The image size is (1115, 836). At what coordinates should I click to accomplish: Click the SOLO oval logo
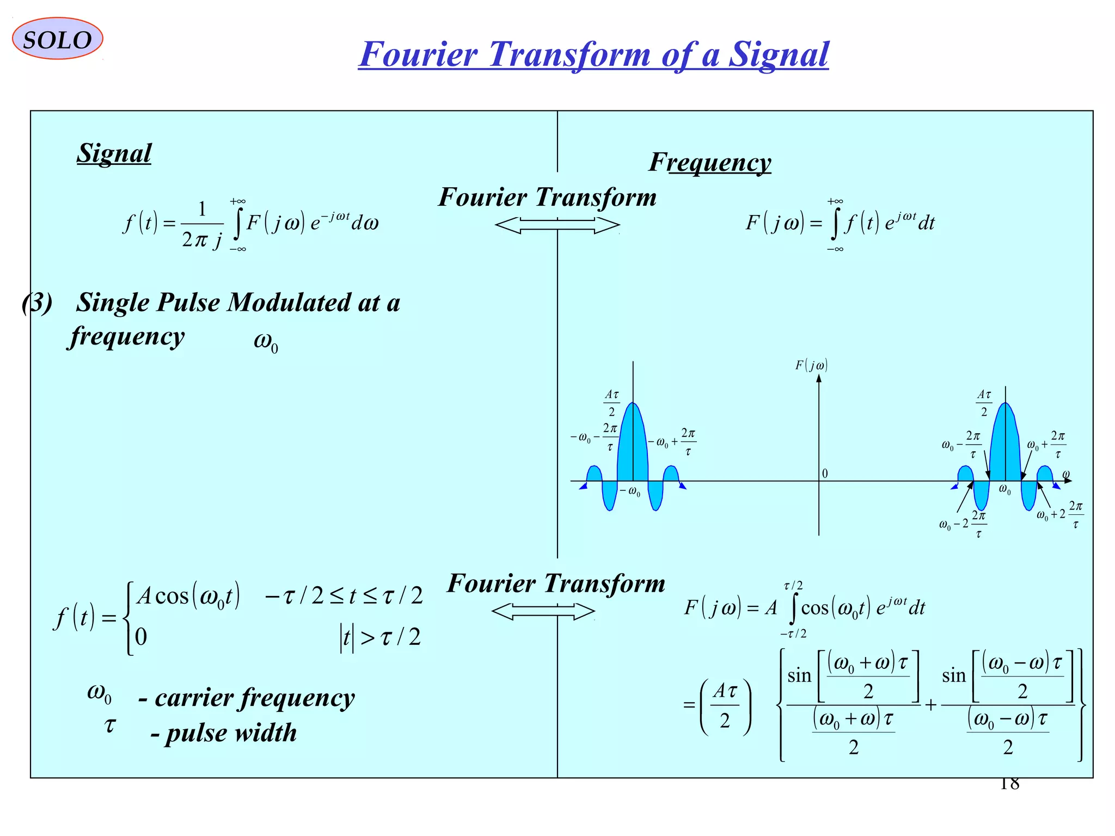click(57, 39)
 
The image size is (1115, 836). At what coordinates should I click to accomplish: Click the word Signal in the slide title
click(778, 54)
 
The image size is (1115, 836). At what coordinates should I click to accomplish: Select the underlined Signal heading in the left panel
click(114, 153)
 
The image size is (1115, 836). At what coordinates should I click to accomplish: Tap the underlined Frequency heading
click(710, 162)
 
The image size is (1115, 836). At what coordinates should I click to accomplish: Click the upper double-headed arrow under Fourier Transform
click(557, 225)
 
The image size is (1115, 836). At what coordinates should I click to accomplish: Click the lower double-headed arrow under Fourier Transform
click(543, 611)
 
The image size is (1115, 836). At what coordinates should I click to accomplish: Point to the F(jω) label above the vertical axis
click(811, 365)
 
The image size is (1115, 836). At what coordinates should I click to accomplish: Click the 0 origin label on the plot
click(825, 474)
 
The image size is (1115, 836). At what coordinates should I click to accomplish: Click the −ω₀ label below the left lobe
click(630, 491)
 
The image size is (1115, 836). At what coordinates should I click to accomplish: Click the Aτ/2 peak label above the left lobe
click(612, 403)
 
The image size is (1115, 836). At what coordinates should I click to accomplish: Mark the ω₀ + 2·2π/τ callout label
click(1059, 514)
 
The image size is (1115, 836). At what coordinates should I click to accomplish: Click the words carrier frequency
click(254, 698)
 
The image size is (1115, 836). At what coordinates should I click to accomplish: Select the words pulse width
click(231, 733)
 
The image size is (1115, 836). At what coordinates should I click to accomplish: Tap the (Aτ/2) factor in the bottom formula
click(725, 706)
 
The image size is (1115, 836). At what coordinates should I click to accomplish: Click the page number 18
click(1009, 784)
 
